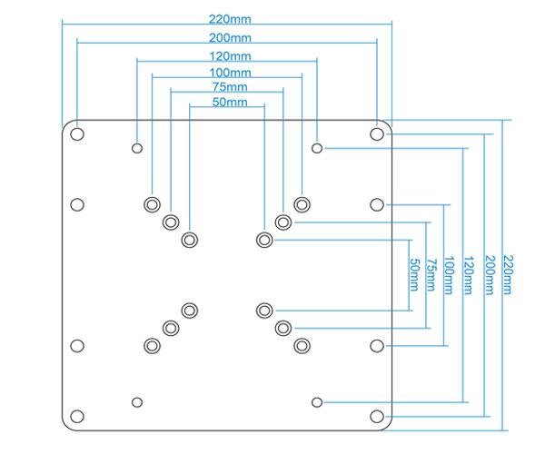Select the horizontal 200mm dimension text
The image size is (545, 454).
[x=227, y=38]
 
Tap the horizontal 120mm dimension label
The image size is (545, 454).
[x=227, y=56]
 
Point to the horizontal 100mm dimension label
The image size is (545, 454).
[x=227, y=73]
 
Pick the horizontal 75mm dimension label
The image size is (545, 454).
[x=227, y=88]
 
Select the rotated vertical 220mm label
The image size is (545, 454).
[x=506, y=273]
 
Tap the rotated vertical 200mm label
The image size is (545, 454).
[x=488, y=273]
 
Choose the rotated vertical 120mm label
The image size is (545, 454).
[x=468, y=273]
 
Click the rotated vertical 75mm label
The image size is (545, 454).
[x=431, y=273]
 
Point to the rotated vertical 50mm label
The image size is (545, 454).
[x=414, y=273]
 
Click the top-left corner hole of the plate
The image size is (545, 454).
[x=77, y=133]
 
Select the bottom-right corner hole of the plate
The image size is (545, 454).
[x=377, y=417]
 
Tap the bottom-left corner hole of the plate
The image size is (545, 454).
[x=77, y=417]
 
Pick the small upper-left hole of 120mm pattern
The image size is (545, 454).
[x=137, y=147]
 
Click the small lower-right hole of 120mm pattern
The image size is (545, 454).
[x=317, y=401]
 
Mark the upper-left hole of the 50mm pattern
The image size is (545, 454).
[x=189, y=240]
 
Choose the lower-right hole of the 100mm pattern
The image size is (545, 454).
[x=302, y=345]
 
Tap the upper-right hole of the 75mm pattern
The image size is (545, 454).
[x=283, y=222]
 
